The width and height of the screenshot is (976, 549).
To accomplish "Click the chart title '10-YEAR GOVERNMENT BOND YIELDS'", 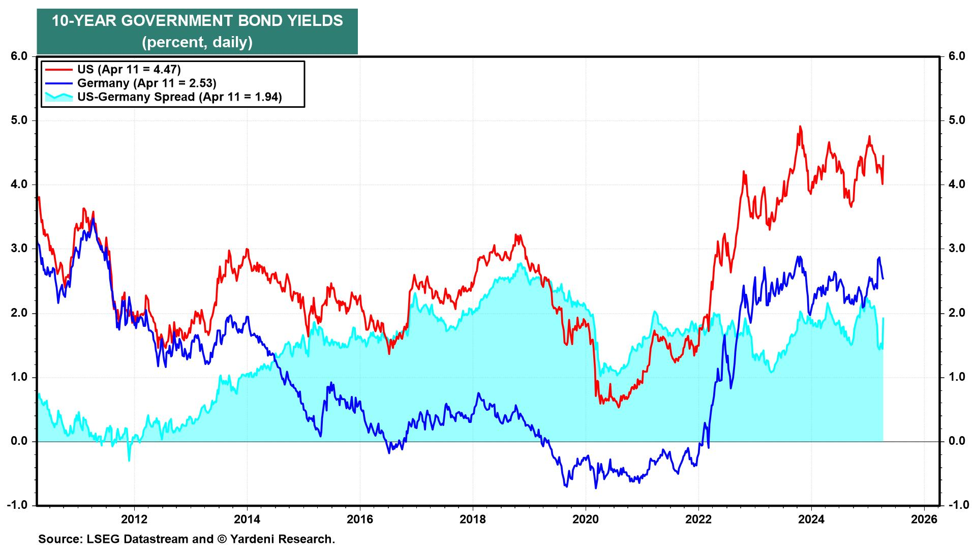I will [197, 21].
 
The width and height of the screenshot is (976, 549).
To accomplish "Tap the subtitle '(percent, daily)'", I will [197, 42].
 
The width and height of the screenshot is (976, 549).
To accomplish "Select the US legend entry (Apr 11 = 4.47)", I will [129, 69].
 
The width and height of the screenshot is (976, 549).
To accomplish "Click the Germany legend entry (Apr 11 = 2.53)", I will [147, 83].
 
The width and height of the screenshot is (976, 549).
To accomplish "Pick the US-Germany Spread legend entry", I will [179, 97].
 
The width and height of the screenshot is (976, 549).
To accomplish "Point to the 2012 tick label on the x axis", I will [134, 520].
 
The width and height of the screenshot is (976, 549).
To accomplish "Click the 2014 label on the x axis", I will [247, 520].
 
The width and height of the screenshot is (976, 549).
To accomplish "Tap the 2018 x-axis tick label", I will [473, 520].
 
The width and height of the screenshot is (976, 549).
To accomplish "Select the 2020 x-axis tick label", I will [586, 520].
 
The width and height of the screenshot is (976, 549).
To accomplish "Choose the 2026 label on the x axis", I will [924, 520].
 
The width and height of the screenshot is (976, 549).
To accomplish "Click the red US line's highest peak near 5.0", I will [800, 127].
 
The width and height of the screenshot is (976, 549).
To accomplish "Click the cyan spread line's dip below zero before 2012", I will [129, 460].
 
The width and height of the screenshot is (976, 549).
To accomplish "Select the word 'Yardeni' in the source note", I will [254, 539].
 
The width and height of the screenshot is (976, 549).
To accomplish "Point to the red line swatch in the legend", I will [58, 69].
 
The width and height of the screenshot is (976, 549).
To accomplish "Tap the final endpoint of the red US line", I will [883, 156].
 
